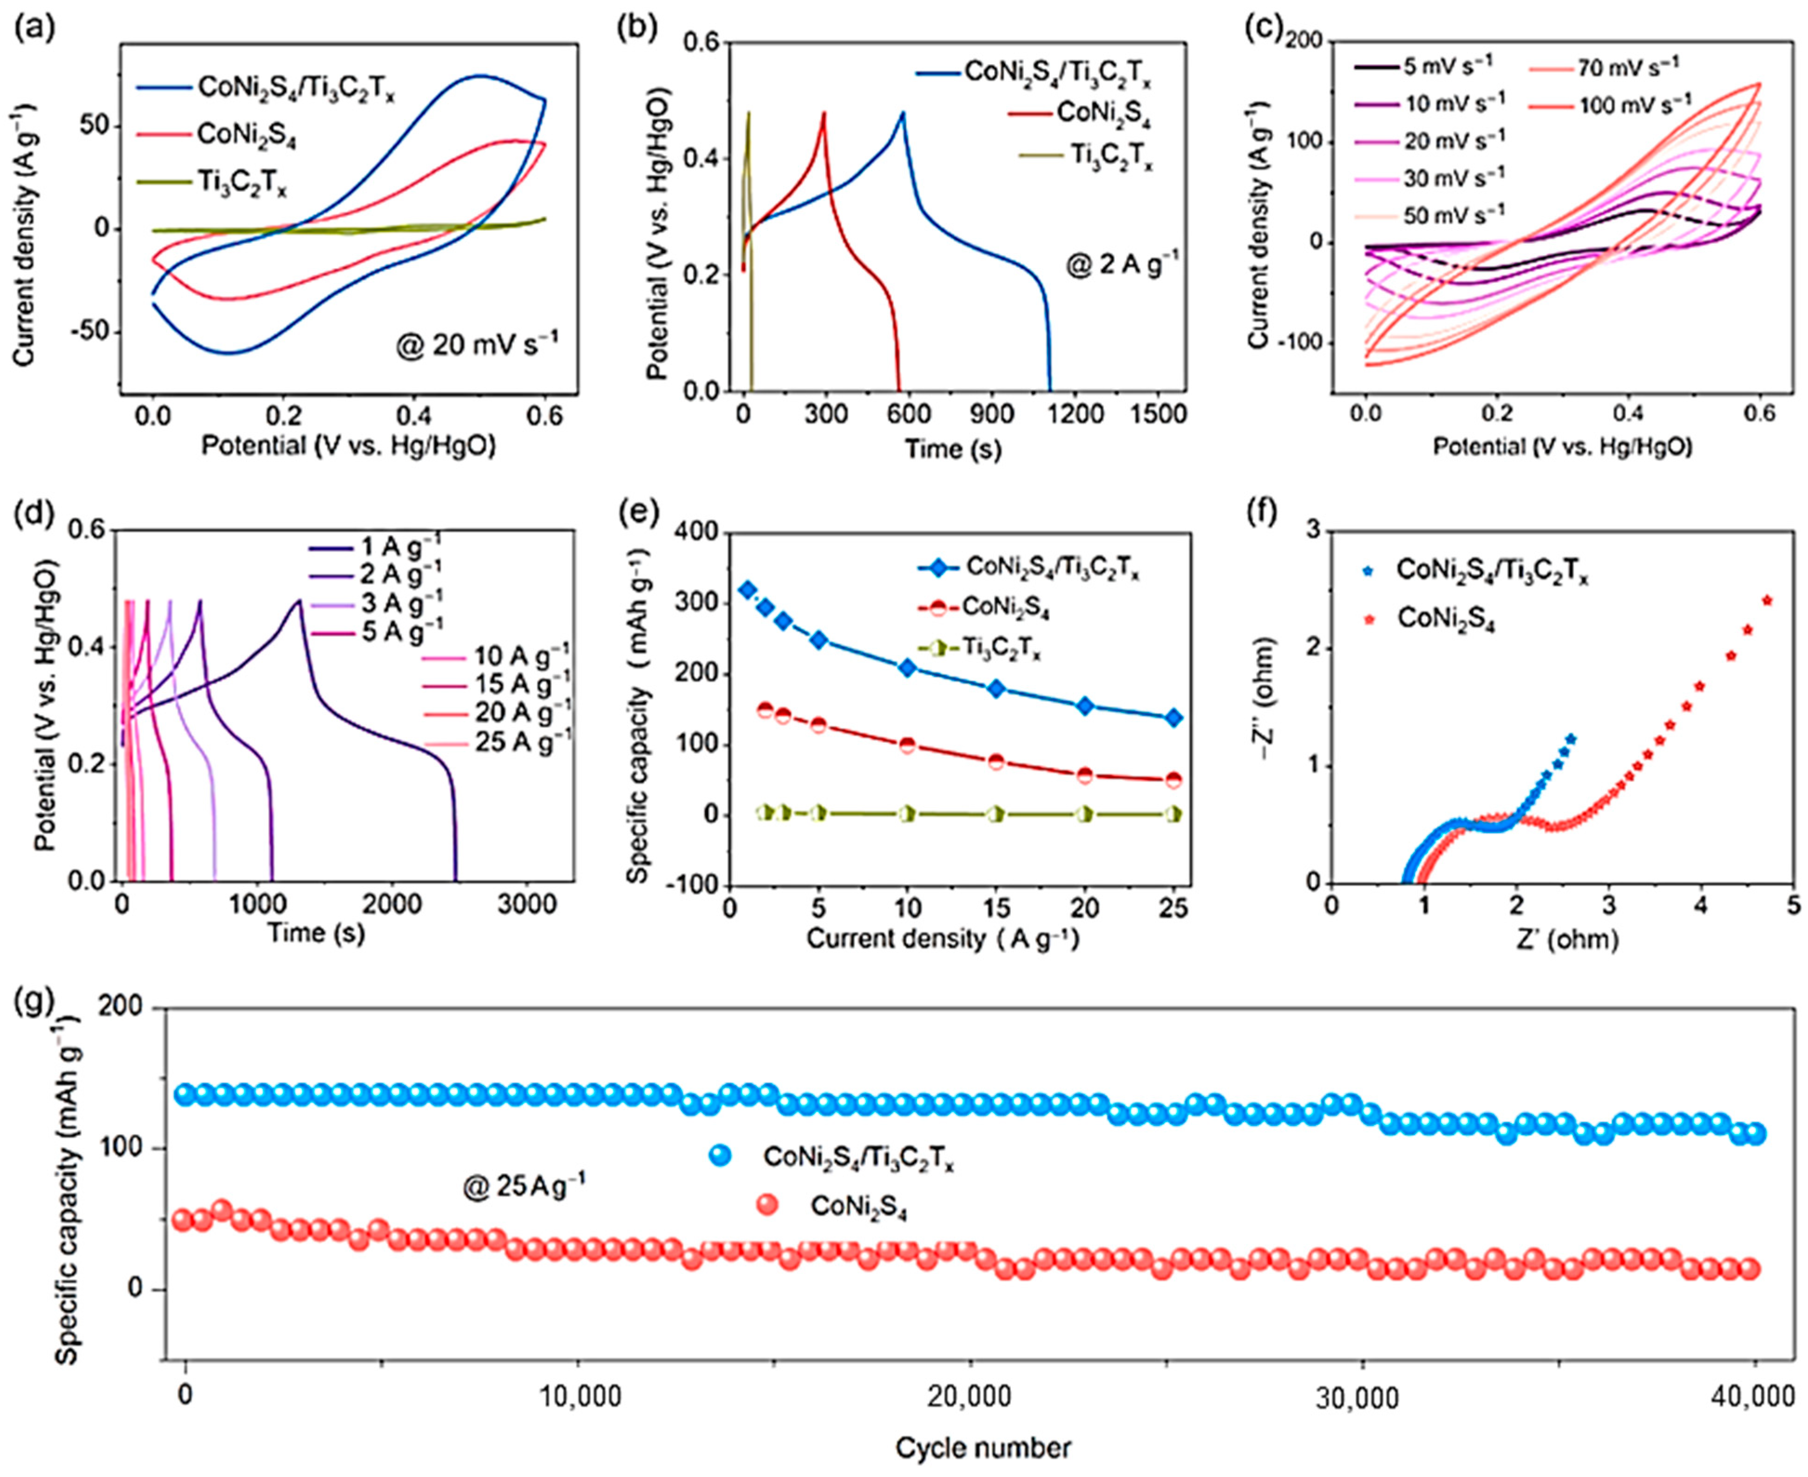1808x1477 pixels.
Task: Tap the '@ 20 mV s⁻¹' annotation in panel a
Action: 477,347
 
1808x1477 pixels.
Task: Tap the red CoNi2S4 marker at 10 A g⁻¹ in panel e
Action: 908,745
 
